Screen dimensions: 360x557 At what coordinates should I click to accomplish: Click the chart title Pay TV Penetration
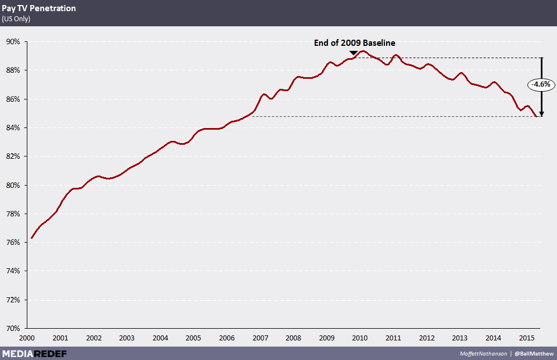click(39, 8)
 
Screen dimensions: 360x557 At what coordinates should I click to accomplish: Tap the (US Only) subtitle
click(16, 19)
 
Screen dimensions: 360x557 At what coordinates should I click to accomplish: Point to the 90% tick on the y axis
click(13, 41)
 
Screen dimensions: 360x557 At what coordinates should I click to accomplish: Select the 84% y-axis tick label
click(13, 127)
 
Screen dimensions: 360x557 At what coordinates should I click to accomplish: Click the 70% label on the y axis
click(13, 328)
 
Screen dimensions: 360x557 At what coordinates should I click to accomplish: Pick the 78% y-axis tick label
click(13, 214)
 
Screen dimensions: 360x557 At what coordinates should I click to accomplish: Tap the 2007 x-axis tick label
click(259, 338)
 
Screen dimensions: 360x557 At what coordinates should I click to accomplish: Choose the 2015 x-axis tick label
click(526, 338)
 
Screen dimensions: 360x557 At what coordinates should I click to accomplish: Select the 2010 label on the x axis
click(359, 338)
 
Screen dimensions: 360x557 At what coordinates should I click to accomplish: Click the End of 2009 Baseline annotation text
click(355, 42)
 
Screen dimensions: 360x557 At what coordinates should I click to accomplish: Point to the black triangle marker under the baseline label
click(353, 53)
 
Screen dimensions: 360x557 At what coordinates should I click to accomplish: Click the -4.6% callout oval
click(540, 84)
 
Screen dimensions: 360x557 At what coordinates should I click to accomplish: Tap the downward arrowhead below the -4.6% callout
click(541, 113)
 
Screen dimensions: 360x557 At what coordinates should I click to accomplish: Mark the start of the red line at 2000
click(32, 238)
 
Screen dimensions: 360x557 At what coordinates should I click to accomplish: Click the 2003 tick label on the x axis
click(126, 338)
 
